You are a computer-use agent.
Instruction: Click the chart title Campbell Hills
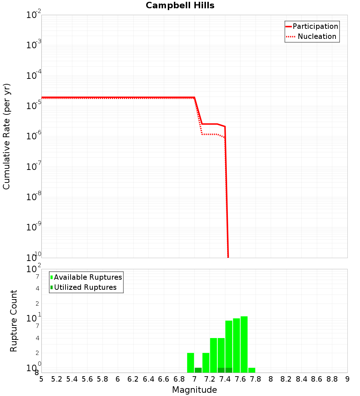(180, 6)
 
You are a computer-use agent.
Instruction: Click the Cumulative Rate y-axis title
(7, 136)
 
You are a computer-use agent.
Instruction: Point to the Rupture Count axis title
(14, 321)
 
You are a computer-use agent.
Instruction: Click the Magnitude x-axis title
(194, 390)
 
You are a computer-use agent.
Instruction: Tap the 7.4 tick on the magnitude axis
(225, 379)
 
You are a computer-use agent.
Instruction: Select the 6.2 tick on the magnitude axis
(133, 379)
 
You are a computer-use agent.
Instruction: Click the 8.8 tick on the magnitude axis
(332, 379)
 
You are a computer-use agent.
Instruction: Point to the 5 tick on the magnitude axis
(41, 379)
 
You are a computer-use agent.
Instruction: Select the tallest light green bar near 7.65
(244, 344)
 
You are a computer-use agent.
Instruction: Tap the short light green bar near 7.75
(252, 370)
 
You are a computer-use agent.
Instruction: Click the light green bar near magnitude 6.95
(190, 363)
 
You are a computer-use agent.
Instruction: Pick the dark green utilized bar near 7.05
(198, 370)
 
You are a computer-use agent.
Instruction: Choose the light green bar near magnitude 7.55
(237, 345)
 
